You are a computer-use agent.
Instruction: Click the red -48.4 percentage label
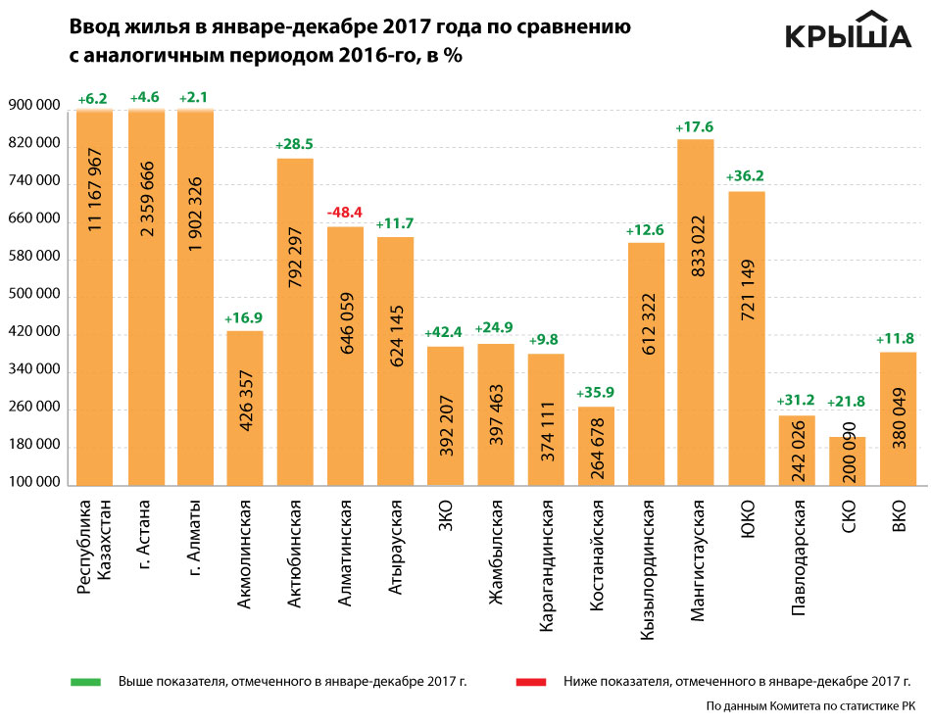(345, 212)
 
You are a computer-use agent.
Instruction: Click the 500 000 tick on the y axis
(34, 296)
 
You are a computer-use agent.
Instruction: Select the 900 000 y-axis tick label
(34, 108)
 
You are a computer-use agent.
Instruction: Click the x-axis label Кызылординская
(647, 569)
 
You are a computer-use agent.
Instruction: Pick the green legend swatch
(86, 679)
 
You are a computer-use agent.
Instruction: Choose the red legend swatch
(531, 679)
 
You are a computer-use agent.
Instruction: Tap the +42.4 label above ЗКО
(445, 332)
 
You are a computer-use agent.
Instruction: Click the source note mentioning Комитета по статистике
(810, 704)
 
